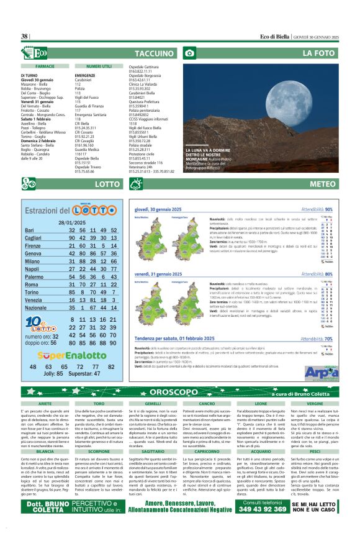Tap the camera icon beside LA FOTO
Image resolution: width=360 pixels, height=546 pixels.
190,53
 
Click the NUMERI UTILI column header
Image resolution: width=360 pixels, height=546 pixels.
99,66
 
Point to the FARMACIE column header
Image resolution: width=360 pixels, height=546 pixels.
45,66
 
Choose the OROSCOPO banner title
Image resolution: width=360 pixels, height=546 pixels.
179,393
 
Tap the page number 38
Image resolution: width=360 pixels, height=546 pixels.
25,37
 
